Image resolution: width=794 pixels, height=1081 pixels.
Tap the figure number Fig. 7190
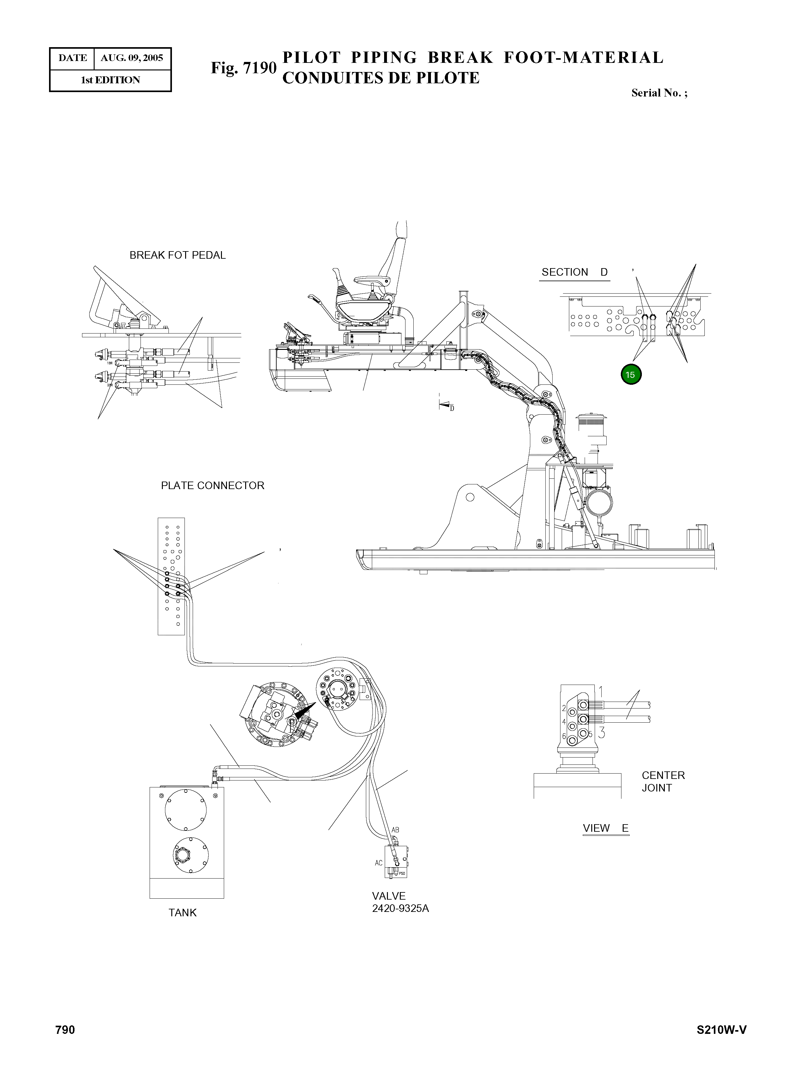coord(244,68)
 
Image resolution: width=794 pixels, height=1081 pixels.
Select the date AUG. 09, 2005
coord(132,58)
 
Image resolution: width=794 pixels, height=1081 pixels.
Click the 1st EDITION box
coord(111,80)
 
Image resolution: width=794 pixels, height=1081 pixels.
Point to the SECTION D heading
coord(574,272)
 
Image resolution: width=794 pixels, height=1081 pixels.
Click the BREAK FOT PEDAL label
coord(177,255)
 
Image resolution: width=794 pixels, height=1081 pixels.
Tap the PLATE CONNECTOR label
coord(212,485)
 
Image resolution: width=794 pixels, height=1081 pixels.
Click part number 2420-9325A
coord(400,908)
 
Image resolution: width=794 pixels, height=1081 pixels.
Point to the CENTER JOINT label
coord(663,781)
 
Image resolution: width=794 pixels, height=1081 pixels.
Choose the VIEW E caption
coord(605,828)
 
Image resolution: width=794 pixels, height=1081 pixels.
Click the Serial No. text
coord(659,93)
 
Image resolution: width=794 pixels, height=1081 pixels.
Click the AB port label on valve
coord(395,830)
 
